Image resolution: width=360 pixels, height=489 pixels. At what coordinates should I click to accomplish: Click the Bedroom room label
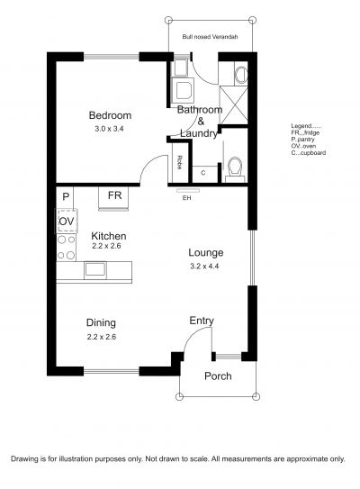click(x=110, y=115)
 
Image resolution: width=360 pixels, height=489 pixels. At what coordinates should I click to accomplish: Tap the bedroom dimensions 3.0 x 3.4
click(x=109, y=129)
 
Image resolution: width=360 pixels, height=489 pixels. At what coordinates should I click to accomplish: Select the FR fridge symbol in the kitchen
click(x=113, y=198)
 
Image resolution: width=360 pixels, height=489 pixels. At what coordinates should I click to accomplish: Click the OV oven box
click(x=67, y=222)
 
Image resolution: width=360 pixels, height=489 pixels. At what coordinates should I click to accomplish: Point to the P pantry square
click(x=65, y=197)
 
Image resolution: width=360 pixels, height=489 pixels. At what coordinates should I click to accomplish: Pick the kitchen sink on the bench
click(x=95, y=270)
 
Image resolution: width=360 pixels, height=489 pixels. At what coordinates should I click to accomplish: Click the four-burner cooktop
click(x=67, y=248)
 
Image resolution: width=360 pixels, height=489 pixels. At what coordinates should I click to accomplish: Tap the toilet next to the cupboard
click(x=235, y=169)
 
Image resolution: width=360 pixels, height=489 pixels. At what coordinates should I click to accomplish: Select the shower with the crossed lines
click(x=234, y=105)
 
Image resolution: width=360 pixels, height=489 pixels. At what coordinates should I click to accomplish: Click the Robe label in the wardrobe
click(x=179, y=162)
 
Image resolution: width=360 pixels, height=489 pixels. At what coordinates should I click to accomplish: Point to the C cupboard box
click(x=204, y=174)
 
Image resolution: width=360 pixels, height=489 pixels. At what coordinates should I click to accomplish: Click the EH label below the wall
click(x=186, y=198)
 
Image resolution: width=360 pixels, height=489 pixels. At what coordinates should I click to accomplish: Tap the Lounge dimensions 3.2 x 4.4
click(x=204, y=266)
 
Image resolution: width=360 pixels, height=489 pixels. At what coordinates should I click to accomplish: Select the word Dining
click(x=101, y=323)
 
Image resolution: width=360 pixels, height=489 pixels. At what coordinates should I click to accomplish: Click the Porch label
click(x=218, y=376)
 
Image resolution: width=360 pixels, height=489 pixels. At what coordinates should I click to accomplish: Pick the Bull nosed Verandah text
click(x=210, y=37)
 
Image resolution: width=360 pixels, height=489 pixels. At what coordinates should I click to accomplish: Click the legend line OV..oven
click(x=303, y=146)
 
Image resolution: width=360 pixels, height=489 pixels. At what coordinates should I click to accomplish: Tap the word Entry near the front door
click(x=202, y=321)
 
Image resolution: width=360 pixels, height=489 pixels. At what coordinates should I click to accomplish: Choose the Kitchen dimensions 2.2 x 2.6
click(x=106, y=246)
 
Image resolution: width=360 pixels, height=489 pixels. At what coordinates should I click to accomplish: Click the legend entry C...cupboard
click(x=309, y=153)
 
